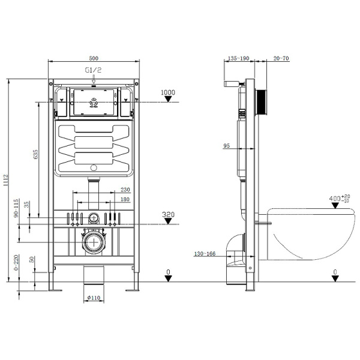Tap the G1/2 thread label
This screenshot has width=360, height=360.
point(93,70)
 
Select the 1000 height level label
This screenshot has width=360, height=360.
point(169,92)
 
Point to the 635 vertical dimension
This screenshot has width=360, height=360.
point(36,154)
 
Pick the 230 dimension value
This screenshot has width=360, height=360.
point(125,190)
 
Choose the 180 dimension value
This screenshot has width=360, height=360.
point(125,199)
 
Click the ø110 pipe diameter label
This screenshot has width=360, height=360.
point(93,298)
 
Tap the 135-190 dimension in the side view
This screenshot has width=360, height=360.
point(238,59)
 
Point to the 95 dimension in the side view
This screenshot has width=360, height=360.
point(227,146)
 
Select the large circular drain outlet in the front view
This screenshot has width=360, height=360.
point(93,242)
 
